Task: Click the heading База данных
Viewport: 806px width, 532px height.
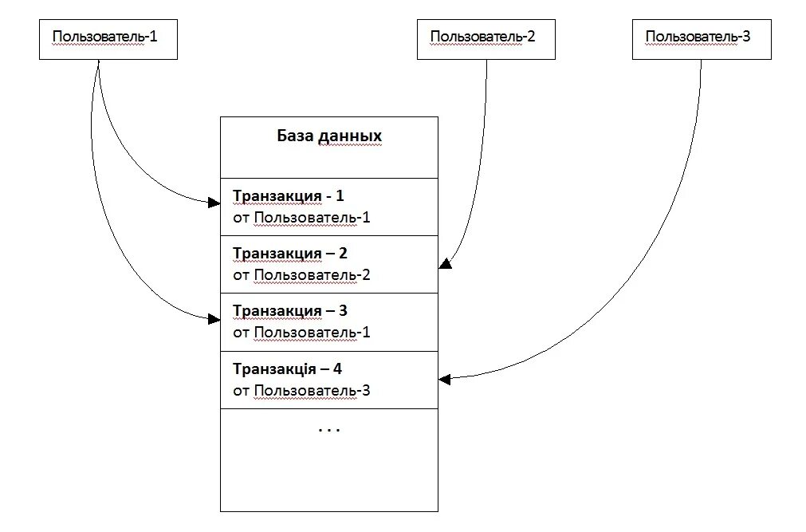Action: [329, 136]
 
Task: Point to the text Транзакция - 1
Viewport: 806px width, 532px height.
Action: [288, 195]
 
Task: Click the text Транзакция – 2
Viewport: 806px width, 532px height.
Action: [290, 254]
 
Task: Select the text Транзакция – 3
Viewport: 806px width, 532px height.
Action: [290, 311]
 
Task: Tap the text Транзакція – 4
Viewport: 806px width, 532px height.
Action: [288, 369]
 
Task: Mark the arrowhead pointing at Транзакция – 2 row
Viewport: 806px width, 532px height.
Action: [445, 263]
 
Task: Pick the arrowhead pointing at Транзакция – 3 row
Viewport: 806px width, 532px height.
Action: [214, 319]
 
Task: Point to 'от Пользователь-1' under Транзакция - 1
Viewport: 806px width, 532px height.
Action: [301, 217]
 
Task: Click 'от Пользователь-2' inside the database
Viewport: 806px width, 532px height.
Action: [301, 275]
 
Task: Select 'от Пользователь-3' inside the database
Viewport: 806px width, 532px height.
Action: [301, 391]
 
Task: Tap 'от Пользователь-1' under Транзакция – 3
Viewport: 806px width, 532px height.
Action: [301, 333]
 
